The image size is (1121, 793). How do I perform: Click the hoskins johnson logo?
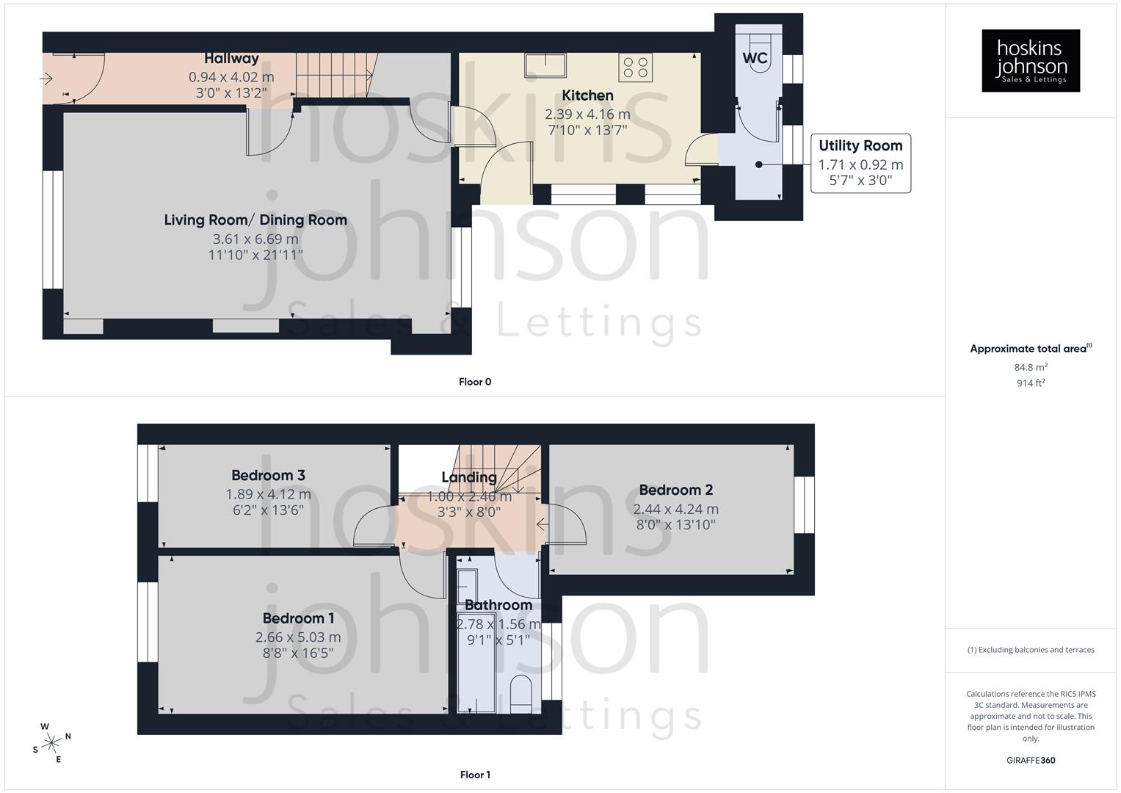click(1030, 61)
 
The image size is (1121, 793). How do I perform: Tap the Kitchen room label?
click(587, 95)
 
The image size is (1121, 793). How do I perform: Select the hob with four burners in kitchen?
click(636, 68)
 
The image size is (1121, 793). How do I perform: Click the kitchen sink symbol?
click(545, 65)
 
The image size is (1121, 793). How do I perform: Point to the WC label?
click(755, 58)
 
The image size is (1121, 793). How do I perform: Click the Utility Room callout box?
click(860, 163)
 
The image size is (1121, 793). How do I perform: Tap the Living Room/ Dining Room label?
click(255, 220)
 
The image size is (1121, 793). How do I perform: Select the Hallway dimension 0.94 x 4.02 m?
click(231, 77)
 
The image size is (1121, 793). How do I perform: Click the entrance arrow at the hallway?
click(48, 78)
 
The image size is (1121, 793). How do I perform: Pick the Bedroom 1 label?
click(298, 618)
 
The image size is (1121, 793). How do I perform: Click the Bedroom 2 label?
click(675, 490)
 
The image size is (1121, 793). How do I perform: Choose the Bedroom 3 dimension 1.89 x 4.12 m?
click(268, 494)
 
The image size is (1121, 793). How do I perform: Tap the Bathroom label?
click(498, 605)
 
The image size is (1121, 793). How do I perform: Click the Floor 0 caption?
click(475, 382)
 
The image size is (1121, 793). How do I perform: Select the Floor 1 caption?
click(475, 775)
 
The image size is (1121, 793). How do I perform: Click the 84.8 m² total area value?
click(1031, 367)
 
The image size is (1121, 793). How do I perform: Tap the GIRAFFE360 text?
click(1031, 760)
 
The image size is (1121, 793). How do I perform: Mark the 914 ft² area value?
click(1031, 383)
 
